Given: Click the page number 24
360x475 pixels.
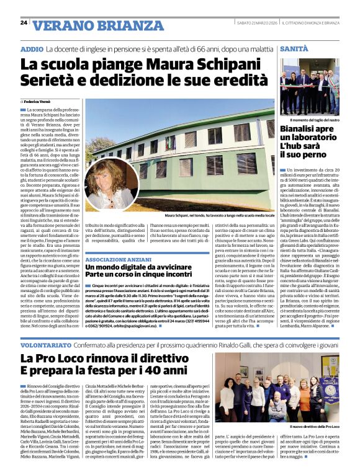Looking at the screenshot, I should coord(24,22).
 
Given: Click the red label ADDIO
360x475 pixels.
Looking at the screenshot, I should coord(32,48).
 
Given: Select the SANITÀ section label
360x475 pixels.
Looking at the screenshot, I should coord(294,48).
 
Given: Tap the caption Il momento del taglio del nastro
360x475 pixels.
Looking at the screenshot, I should coord(315,120).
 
